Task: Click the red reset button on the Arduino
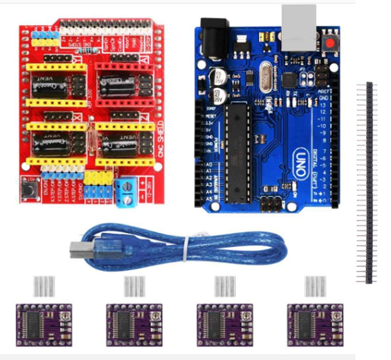(x=331, y=44)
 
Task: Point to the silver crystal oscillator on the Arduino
(x=264, y=78)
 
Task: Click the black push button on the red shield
(x=28, y=189)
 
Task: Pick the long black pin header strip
(x=369, y=183)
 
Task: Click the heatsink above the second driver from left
(x=135, y=286)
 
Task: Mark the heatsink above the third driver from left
(x=225, y=286)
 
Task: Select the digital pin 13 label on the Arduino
(x=323, y=105)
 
